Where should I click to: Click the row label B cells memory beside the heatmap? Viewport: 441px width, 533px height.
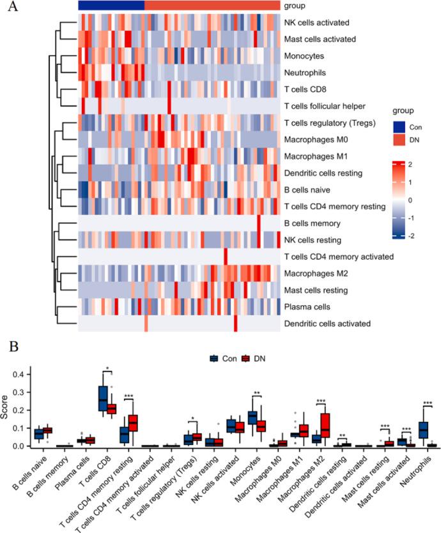pyautogui.click(x=313, y=223)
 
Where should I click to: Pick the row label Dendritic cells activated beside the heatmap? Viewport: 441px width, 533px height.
pyautogui.click(x=327, y=324)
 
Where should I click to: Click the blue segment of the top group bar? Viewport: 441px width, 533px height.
pyautogui.click(x=111, y=5)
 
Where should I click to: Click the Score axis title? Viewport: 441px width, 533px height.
pyautogui.click(x=7, y=409)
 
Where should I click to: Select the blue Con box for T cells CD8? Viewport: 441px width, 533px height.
pyautogui.click(x=102, y=399)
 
